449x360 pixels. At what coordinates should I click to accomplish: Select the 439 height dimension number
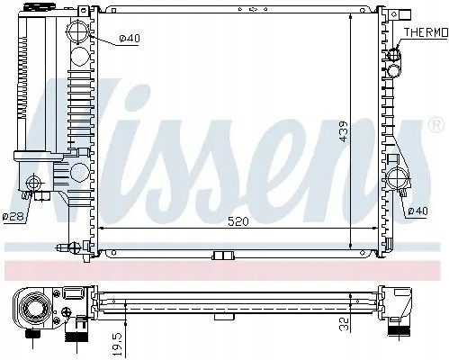[x=368, y=132]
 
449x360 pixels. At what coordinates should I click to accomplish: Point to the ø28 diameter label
[x=12, y=216]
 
